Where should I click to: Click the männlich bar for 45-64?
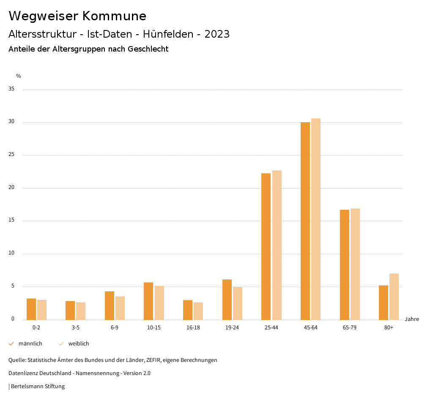[x=305, y=221]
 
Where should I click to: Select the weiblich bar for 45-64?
[x=316, y=219]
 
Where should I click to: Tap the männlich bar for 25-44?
[x=266, y=247]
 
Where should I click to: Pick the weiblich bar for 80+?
[x=394, y=296]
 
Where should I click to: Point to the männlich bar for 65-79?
[x=345, y=265]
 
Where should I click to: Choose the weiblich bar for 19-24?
[x=238, y=303]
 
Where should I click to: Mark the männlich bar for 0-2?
[x=31, y=309]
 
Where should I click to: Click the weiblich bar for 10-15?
[x=159, y=303]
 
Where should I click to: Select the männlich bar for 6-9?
[x=110, y=305]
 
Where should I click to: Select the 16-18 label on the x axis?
[x=193, y=328]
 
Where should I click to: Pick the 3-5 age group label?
[x=76, y=328]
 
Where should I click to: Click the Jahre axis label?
[x=412, y=319]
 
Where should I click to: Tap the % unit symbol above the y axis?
[x=19, y=76]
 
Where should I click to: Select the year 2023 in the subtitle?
[x=217, y=34]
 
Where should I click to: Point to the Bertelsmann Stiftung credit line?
[x=37, y=386]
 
